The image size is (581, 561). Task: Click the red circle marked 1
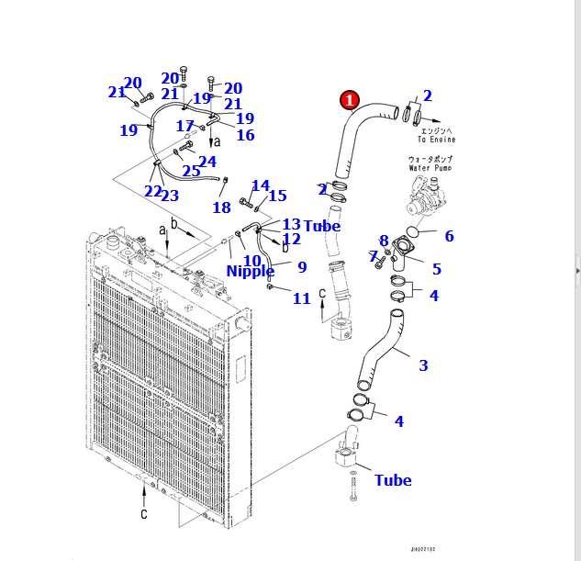pyautogui.click(x=351, y=100)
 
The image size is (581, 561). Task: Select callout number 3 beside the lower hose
pyautogui.click(x=423, y=365)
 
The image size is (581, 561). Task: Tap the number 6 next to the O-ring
pyautogui.click(x=449, y=236)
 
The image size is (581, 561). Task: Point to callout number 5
pyautogui.click(x=437, y=269)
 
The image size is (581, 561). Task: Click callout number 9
pyautogui.click(x=302, y=267)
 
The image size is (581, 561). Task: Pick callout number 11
pyautogui.click(x=302, y=298)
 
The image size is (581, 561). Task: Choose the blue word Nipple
pyautogui.click(x=251, y=271)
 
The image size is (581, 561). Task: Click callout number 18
pyautogui.click(x=221, y=208)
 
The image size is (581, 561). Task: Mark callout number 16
pyautogui.click(x=245, y=135)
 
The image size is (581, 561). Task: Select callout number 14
pyautogui.click(x=261, y=186)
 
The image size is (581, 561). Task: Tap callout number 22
pyautogui.click(x=152, y=191)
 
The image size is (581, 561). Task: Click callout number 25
pyautogui.click(x=191, y=171)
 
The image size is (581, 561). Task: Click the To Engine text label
pyautogui.click(x=436, y=136)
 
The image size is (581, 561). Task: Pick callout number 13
pyautogui.click(x=291, y=224)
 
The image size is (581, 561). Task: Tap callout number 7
pyautogui.click(x=374, y=256)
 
